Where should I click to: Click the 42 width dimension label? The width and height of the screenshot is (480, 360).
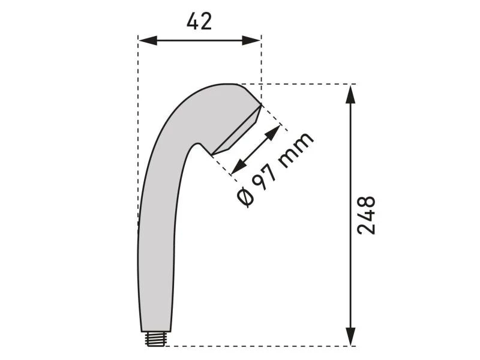(199, 22)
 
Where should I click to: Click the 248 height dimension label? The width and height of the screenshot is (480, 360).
(365, 215)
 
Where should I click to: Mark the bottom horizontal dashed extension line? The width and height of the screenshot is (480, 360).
(258, 346)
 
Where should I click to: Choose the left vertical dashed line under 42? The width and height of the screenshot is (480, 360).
(138, 120)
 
